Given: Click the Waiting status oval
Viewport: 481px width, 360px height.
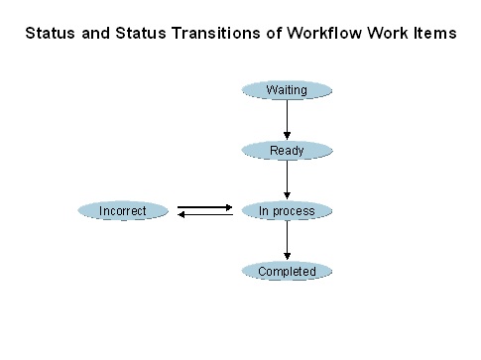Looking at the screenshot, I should click(287, 90).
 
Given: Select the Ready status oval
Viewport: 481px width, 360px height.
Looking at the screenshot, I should click(287, 151).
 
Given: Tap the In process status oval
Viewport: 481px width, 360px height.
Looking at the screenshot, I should click(287, 211).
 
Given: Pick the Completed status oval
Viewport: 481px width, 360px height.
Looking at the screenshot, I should click(287, 272).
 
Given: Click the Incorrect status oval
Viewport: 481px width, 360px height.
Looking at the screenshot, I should click(123, 211).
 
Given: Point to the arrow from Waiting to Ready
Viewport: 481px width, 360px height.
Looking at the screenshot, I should click(287, 120).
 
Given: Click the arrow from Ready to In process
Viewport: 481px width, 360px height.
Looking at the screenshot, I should click(287, 180).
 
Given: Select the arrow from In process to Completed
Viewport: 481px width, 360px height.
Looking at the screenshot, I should click(287, 241).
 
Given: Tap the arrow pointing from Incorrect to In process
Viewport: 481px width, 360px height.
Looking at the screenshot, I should click(204, 207).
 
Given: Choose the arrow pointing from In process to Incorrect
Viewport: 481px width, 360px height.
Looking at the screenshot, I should click(204, 214).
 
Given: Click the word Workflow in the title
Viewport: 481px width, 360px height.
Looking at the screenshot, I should click(322, 34).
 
